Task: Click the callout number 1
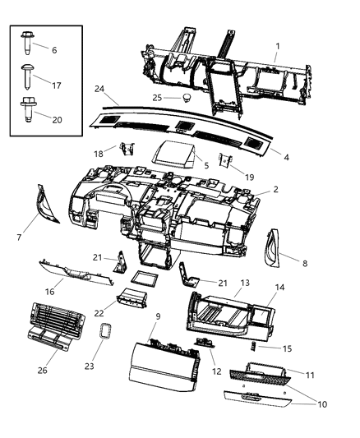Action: click(277, 46)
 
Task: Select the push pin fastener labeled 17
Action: click(27, 81)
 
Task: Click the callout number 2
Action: click(275, 189)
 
